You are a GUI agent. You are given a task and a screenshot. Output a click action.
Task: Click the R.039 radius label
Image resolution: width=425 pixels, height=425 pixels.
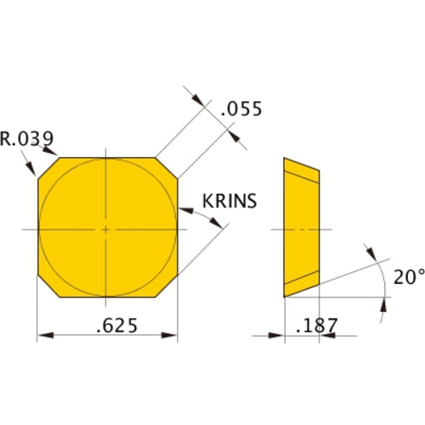(29, 139)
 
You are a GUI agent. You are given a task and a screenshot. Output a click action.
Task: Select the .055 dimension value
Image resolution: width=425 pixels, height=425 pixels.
(240, 109)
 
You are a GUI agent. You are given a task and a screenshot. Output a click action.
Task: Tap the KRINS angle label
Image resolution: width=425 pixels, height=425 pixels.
(229, 201)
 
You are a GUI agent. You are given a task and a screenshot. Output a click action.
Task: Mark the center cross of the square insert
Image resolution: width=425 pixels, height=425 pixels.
(105, 229)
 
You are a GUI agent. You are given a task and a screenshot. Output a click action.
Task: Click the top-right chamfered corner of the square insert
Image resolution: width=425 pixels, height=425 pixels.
(168, 167)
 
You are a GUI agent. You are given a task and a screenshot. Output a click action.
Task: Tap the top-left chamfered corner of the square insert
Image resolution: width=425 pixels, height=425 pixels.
(48, 167)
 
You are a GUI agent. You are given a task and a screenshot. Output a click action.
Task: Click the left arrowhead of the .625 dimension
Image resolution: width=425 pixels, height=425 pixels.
(42, 335)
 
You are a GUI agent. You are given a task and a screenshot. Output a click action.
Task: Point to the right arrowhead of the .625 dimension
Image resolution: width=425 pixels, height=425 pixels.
(173, 335)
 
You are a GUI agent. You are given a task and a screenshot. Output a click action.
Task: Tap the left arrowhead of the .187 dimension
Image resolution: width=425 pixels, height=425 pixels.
(278, 335)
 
